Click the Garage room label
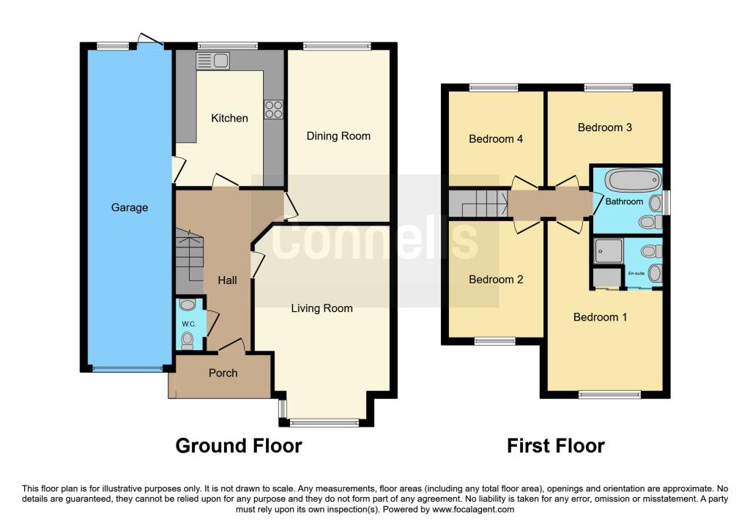tap(130, 207)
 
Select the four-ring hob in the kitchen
tap(273, 109)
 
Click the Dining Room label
tap(338, 135)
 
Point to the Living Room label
tap(322, 308)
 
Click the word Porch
tap(223, 373)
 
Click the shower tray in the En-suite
tap(608, 250)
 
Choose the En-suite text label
tap(636, 273)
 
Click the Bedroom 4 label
tap(496, 138)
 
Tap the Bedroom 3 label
tap(604, 127)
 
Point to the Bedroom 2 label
tap(496, 279)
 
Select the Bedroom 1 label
tap(601, 317)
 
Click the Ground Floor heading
tap(239, 445)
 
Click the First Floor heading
tap(556, 445)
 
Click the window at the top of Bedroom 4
tap(494, 88)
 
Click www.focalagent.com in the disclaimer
tap(473, 510)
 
